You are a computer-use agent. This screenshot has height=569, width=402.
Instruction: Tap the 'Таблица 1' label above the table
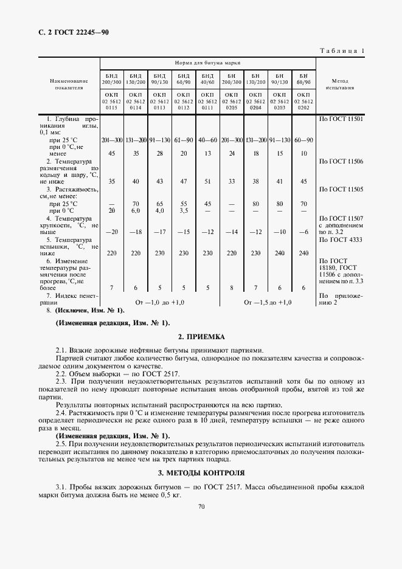tap(341, 50)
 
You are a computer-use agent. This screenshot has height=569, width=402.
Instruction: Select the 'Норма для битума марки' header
tap(207, 63)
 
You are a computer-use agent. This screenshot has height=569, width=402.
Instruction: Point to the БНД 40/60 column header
tap(207, 78)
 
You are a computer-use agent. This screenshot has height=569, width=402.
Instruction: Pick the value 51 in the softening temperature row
tap(207, 181)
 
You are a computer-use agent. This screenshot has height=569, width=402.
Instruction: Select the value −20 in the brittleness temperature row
tap(111, 232)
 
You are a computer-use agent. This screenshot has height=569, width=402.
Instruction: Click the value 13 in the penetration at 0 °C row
tap(207, 153)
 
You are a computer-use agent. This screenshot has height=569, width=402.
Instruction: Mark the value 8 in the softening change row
tap(232, 287)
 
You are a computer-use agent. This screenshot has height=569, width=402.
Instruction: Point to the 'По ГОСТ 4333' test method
tap(341, 239)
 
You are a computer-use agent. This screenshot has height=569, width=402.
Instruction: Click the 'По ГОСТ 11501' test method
tap(341, 119)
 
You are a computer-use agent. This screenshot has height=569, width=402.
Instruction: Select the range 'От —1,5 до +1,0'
tap(268, 302)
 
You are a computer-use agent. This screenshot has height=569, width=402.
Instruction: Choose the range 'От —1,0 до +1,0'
tap(159, 302)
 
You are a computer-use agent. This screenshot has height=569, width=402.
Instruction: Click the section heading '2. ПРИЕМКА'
tap(201, 336)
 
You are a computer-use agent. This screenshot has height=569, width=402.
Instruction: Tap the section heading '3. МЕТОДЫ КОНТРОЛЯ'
tap(201, 472)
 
